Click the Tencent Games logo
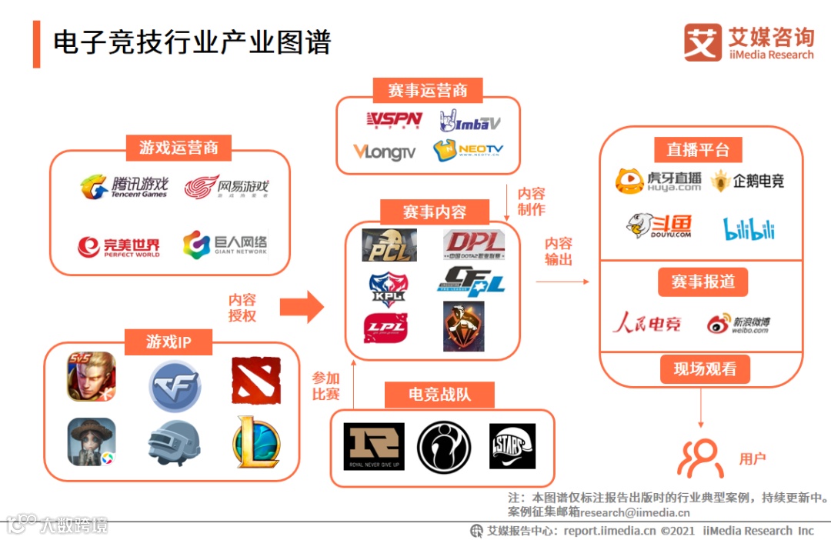tap(124, 187)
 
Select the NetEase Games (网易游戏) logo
tap(226, 187)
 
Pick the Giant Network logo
tap(225, 245)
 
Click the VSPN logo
tap(393, 120)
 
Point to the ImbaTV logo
tap(470, 121)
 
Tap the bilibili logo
tap(749, 228)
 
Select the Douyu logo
tap(659, 225)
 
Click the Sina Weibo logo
tap(738, 323)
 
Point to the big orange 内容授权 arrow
tap(302, 307)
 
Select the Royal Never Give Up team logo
tap(374, 447)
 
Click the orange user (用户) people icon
tap(700, 458)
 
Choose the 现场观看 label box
tap(705, 369)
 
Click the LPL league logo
tap(385, 327)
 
